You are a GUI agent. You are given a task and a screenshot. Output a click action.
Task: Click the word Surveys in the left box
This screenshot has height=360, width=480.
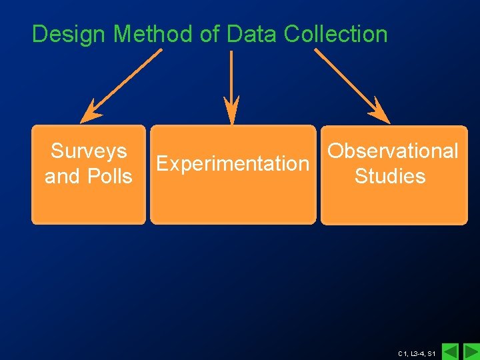pyautogui.click(x=89, y=151)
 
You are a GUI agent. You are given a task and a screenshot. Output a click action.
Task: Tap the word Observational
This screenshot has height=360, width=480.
pyautogui.click(x=393, y=151)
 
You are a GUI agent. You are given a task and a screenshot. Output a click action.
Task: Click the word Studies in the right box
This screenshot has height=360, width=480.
pyautogui.click(x=390, y=177)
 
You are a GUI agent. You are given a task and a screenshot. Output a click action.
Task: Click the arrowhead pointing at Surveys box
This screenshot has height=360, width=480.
pyautogui.click(x=90, y=113)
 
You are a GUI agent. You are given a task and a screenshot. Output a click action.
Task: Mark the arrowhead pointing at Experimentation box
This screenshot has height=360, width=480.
pyautogui.click(x=231, y=112)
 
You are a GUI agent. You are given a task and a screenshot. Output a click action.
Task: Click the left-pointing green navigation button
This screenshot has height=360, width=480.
pyautogui.click(x=451, y=351)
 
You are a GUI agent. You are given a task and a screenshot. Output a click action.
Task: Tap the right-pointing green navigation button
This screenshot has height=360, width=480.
pyautogui.click(x=471, y=351)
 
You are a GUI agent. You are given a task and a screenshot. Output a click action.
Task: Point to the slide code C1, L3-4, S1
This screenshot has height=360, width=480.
pyautogui.click(x=416, y=353)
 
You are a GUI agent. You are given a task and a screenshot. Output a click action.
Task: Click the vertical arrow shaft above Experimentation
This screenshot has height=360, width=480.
pyautogui.click(x=231, y=73)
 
